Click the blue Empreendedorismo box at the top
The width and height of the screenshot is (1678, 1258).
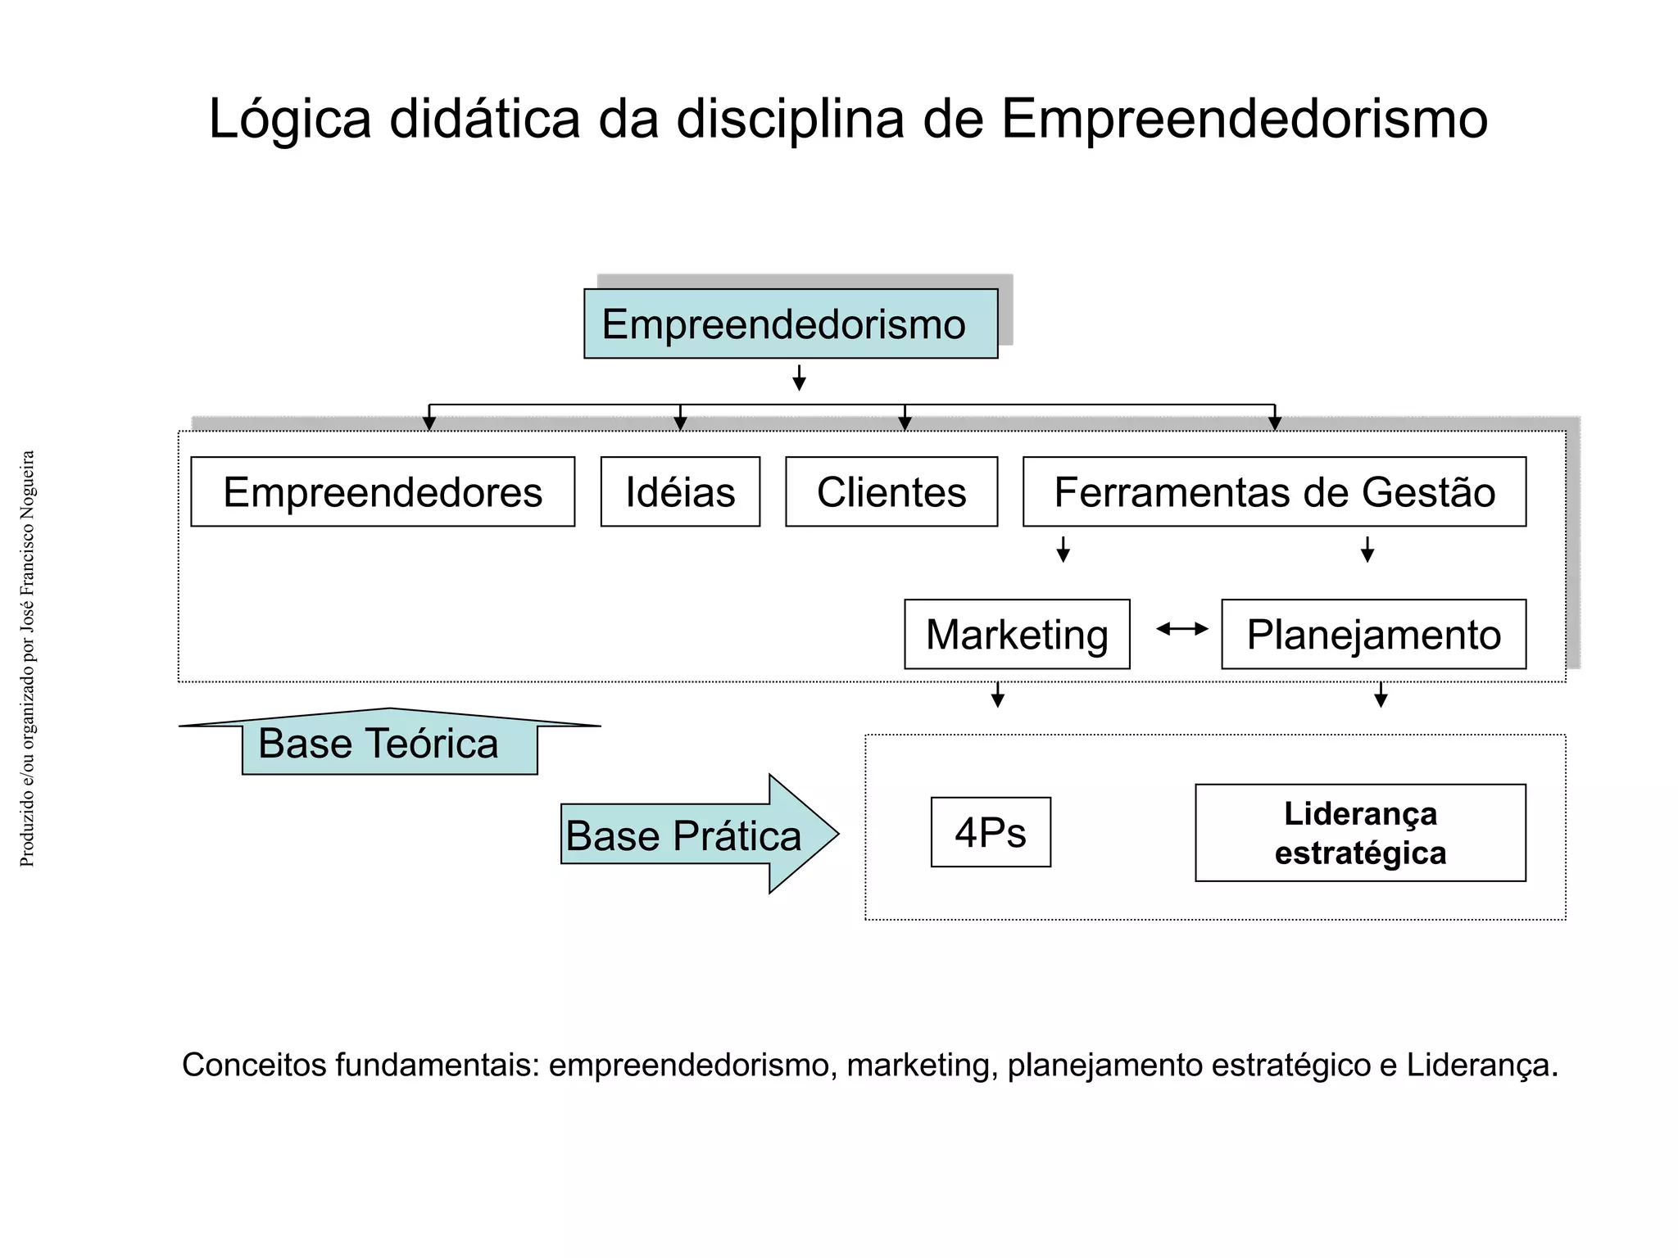(791, 324)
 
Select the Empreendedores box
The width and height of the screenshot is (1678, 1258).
(383, 491)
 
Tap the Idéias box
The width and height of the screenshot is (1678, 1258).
(680, 491)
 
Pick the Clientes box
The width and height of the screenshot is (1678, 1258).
(891, 491)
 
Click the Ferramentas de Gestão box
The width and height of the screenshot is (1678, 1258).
(1274, 491)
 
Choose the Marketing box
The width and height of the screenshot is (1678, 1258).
(1017, 635)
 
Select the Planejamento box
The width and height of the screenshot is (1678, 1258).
(1373, 635)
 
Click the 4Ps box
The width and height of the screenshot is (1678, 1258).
(991, 832)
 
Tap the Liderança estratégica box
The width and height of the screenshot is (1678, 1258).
(1360, 833)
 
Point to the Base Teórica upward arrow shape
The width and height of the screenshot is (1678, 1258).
(389, 742)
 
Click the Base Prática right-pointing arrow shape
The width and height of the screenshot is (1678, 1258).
(696, 835)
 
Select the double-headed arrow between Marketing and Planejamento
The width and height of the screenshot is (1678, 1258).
(1182, 629)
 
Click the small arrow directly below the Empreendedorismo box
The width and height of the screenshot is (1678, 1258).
(799, 378)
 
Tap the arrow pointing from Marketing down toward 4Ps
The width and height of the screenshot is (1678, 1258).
(997, 695)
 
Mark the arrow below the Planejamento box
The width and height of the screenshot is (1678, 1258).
(1381, 695)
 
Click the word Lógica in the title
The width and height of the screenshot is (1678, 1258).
(290, 120)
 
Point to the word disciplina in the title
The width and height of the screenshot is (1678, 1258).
(790, 120)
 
